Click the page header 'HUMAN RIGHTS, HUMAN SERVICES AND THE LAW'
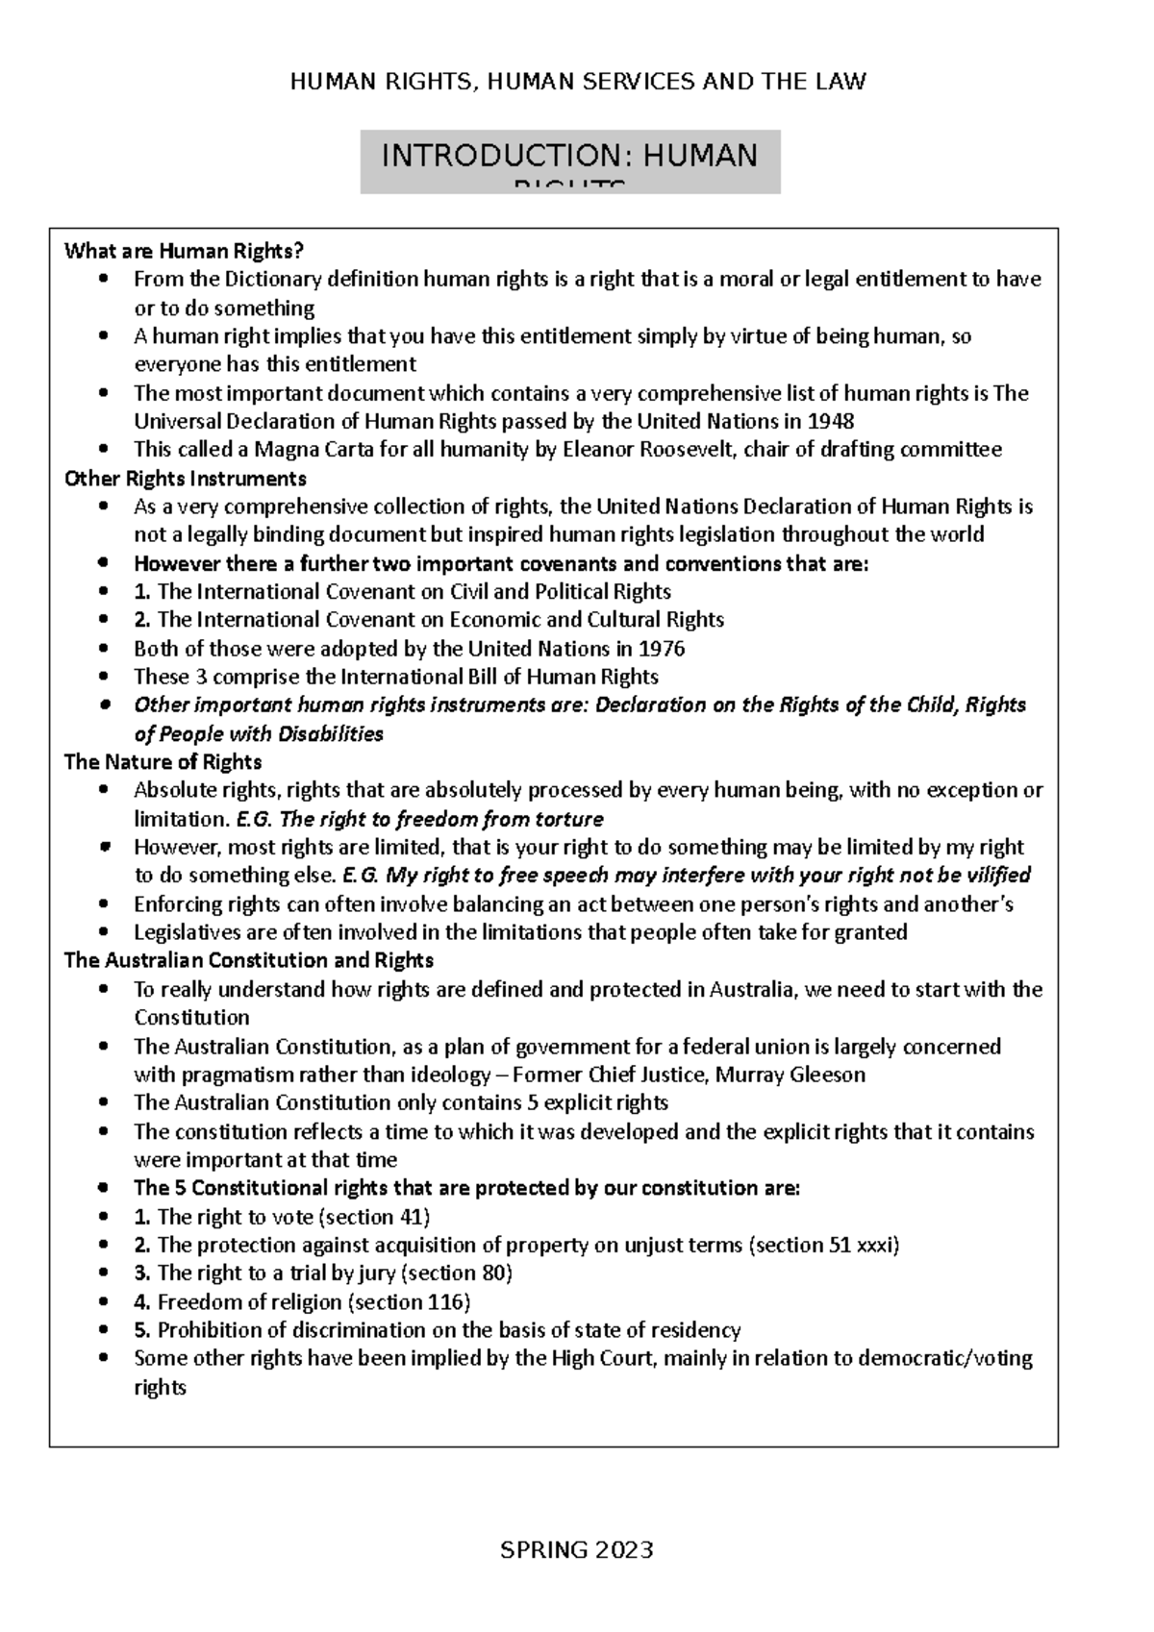point(577,82)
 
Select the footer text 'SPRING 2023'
point(577,1549)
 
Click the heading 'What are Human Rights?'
point(184,252)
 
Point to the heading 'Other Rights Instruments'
point(185,479)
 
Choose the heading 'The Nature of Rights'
point(163,762)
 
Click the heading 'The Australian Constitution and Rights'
point(248,960)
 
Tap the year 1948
point(830,421)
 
